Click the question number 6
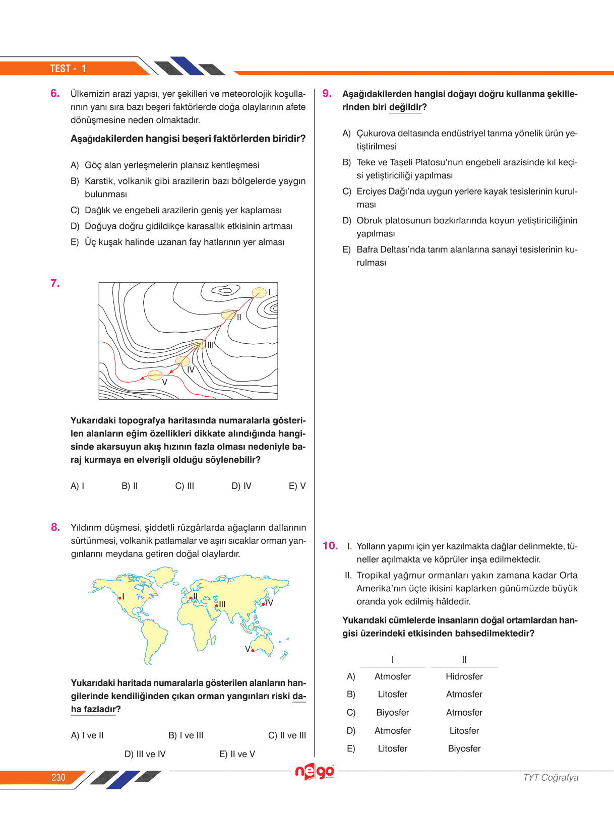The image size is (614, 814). coord(55,93)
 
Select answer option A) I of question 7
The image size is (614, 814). coord(77,486)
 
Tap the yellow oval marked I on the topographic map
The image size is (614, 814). coord(259,292)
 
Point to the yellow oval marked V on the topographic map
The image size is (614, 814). coord(155,375)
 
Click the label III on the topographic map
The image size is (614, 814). coord(210,345)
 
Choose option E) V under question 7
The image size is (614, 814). coord(297,486)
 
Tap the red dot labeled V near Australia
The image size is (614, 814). coord(253,651)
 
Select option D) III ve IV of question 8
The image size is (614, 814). coord(145,754)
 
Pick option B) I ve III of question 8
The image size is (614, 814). coord(186,735)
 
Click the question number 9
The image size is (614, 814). coord(327,93)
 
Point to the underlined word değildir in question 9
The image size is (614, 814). coord(405,107)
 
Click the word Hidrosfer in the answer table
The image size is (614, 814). coord(464,676)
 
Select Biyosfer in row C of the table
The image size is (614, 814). coord(393,712)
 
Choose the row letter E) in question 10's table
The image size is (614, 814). coord(351,748)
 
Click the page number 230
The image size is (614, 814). coord(58,777)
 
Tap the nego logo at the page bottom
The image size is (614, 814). coord(315,771)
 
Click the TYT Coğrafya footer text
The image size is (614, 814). coord(550,777)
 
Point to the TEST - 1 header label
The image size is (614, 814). coord(68,69)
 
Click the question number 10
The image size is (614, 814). coord(330,546)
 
